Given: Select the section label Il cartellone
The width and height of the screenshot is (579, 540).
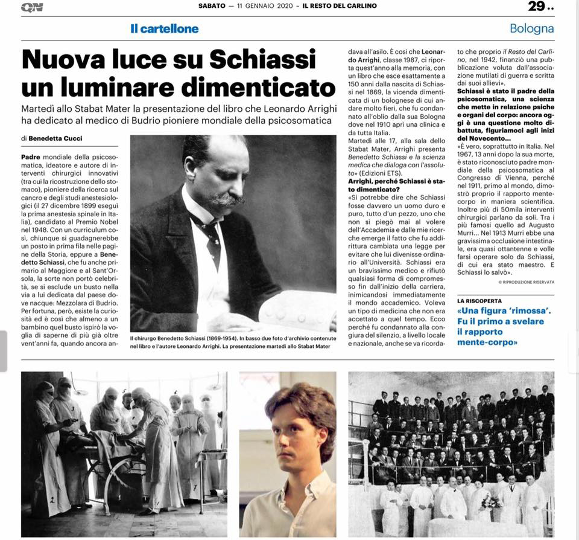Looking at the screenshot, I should [164, 28].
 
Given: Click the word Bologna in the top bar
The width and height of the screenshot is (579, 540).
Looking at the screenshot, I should [531, 28].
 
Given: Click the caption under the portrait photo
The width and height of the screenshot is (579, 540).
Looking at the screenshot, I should [233, 345].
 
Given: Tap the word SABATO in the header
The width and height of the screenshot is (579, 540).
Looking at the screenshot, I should [212, 6].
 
